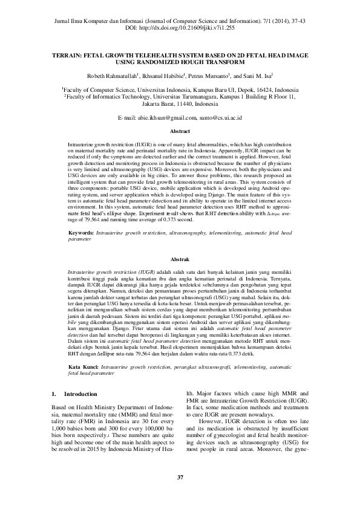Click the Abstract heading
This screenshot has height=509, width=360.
pos(180,131)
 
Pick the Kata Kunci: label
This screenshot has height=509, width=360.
pos(82,367)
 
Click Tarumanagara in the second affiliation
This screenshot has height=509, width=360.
pos(199,96)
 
